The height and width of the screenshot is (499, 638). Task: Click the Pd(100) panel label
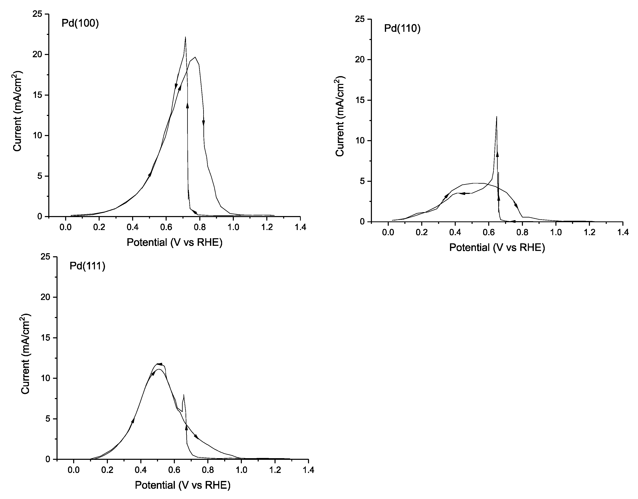click(80, 23)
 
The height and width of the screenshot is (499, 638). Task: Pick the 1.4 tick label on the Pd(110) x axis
click(623, 232)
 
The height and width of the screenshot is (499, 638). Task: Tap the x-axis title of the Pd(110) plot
click(497, 248)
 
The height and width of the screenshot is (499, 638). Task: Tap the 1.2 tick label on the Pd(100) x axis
click(267, 227)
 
